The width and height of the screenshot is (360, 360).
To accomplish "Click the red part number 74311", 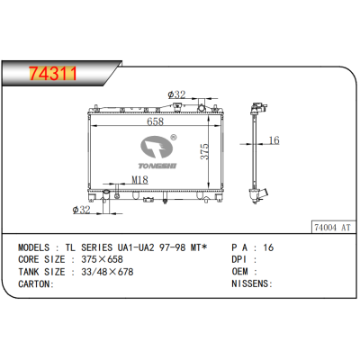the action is coord(53,74).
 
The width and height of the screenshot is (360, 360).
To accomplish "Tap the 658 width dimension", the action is coord(156,121).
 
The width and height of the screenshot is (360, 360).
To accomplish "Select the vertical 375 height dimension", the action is coord(204,151).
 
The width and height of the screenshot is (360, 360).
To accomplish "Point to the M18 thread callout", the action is coord(139,180).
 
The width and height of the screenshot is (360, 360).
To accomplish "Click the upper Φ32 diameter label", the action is coord(176,94).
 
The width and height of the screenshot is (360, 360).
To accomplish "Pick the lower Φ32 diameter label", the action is coord(81,210).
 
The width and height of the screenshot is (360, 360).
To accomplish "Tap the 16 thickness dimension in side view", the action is coord(274,140).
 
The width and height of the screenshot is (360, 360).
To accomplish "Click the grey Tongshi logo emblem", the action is coord(157,147).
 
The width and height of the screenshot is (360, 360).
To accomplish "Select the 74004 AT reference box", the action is coord(332,228).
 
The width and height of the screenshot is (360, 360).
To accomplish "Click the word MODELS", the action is coord(34,247).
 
